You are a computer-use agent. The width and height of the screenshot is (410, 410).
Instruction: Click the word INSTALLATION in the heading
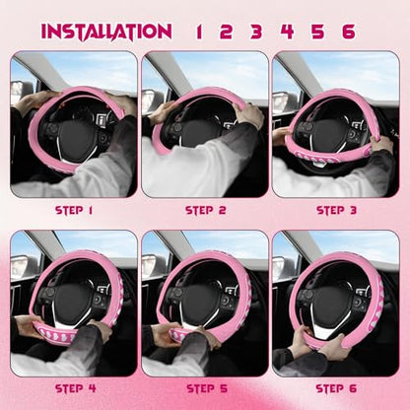coord(106,32)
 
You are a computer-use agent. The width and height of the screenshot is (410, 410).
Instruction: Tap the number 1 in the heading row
coord(199,32)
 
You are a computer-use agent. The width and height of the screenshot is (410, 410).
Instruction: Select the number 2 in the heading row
coord(226,32)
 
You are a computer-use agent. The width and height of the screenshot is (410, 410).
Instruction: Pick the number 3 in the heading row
coord(256,32)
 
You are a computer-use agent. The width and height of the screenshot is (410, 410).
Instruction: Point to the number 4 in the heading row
coord(287,32)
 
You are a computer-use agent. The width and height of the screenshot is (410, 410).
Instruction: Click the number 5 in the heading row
coord(317,32)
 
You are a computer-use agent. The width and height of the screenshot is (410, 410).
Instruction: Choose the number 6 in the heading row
coord(348,32)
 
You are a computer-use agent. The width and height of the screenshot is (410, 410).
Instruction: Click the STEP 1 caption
coord(74,210)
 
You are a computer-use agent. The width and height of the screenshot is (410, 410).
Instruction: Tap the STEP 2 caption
coord(206,210)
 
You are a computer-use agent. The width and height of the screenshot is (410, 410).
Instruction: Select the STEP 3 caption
coord(336,210)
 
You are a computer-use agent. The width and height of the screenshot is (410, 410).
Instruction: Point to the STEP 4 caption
coord(76,388)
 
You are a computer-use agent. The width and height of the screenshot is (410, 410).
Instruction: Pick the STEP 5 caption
coord(207,388)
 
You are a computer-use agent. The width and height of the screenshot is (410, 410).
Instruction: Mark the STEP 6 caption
coord(336,388)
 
